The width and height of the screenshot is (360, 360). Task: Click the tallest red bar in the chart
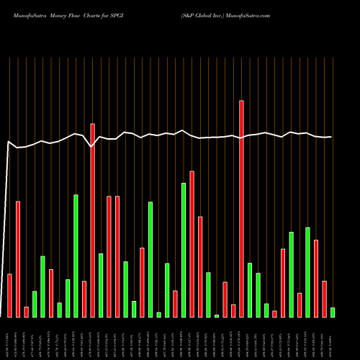click(x=241, y=209)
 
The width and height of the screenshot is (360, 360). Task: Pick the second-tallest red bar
click(x=92, y=220)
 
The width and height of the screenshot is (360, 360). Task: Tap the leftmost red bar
click(x=9, y=295)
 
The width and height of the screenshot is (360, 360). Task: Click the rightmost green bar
click(x=333, y=312)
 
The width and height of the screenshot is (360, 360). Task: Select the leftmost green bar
click(x=35, y=304)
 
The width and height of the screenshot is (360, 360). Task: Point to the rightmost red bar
click(x=324, y=299)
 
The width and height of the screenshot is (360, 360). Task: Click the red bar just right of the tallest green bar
click(x=192, y=244)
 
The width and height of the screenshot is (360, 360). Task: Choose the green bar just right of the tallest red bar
click(x=250, y=289)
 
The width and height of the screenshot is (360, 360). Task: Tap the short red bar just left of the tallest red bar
click(x=233, y=310)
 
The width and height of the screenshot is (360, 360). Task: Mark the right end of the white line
click(x=331, y=137)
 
